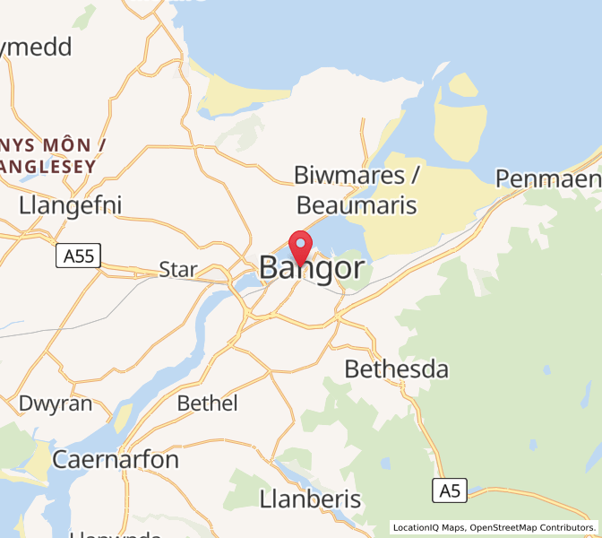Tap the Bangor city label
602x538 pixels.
(312, 268)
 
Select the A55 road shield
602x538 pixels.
(78, 257)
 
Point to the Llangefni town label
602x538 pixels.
(70, 205)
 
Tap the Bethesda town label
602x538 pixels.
(396, 369)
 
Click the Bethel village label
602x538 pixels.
(208, 403)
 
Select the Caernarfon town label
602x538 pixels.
(116, 460)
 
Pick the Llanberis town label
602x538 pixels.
(310, 499)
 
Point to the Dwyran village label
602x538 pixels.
(56, 403)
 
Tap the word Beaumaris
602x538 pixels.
(357, 205)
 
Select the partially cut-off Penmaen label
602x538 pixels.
(548, 179)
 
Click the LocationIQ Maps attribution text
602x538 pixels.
(428, 527)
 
